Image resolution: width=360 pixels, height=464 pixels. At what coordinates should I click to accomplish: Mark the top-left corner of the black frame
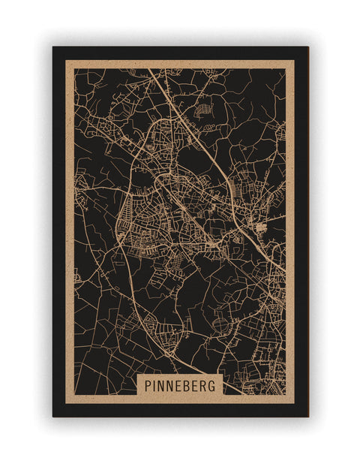[53, 47]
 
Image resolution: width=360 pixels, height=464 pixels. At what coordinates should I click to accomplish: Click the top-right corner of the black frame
[307, 47]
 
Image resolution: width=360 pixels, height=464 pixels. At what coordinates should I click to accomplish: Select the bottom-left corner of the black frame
[53, 416]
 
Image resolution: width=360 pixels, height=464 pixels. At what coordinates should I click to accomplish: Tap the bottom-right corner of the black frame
[307, 416]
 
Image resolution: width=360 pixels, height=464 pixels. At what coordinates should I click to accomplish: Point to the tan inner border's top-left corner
[66, 61]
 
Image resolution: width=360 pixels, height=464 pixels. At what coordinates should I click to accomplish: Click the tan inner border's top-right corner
[294, 61]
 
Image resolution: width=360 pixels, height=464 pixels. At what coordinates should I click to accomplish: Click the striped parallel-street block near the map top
[202, 110]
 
